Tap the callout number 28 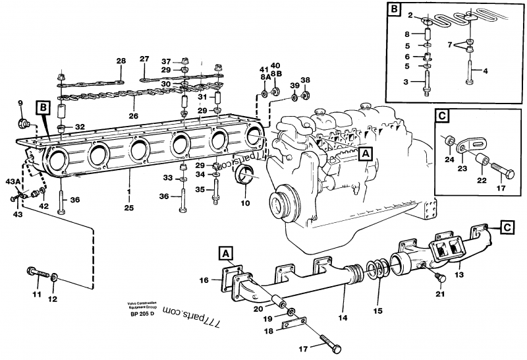(121, 61)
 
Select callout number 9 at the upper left (20, 103)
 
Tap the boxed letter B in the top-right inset (395, 9)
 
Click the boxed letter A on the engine (365, 154)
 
